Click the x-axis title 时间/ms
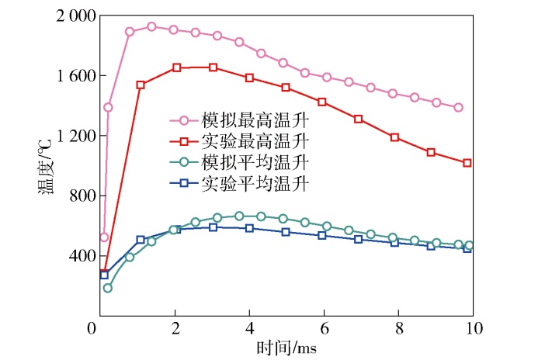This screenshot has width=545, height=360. click(285, 348)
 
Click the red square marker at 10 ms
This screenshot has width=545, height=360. click(467, 163)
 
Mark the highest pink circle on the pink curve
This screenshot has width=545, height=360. click(151, 26)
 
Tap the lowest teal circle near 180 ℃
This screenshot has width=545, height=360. click(108, 288)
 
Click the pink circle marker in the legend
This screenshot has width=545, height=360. click(184, 120)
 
